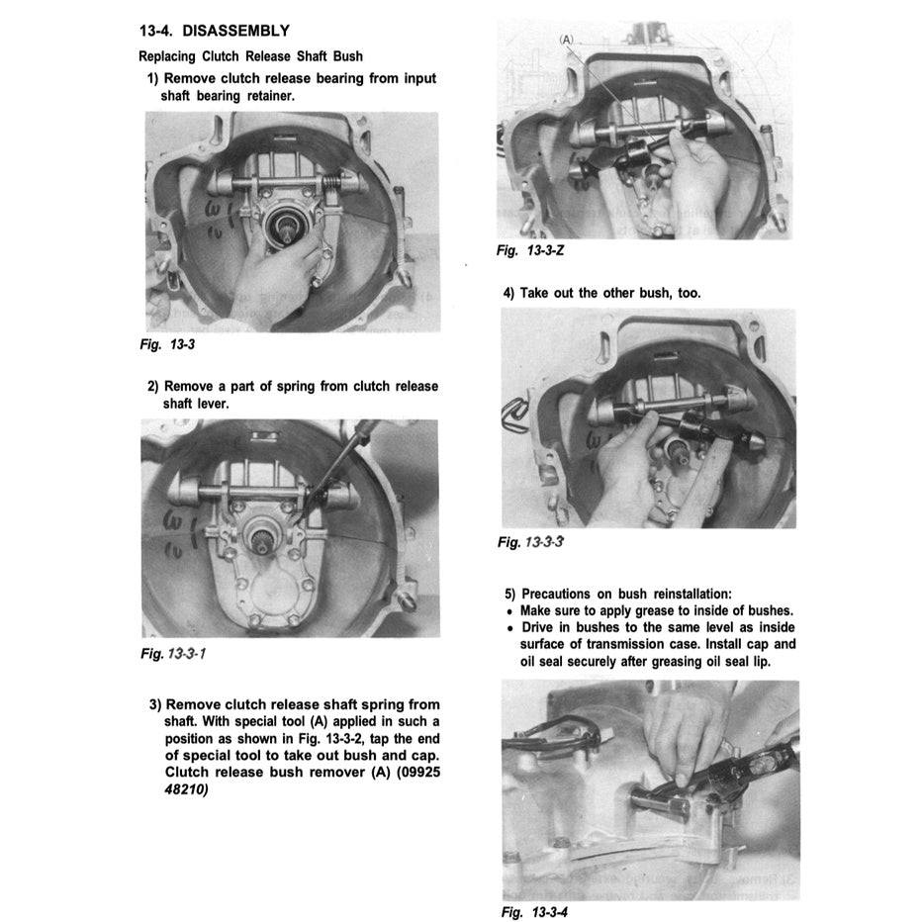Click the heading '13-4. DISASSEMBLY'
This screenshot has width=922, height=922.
[x=215, y=33]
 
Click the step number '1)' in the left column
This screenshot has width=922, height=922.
[x=154, y=78]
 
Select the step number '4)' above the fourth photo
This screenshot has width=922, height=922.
[x=510, y=293]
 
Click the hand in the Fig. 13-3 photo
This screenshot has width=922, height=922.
[x=267, y=287]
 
